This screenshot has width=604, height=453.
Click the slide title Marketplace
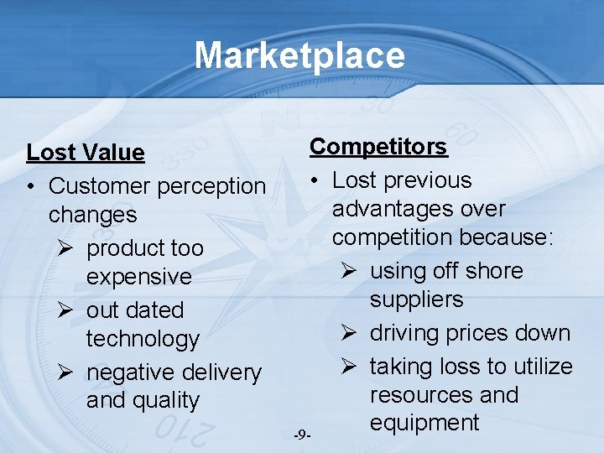pos(299,55)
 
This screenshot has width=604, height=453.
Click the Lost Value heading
pos(86,153)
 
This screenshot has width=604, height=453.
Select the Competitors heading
pos(378,147)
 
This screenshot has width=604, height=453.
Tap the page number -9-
pos(303,435)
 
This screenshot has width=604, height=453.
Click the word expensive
pos(138,277)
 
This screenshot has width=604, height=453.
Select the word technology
pos(143,339)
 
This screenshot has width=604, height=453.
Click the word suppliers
pos(416,299)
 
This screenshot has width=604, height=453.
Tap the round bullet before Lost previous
pos(315,181)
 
